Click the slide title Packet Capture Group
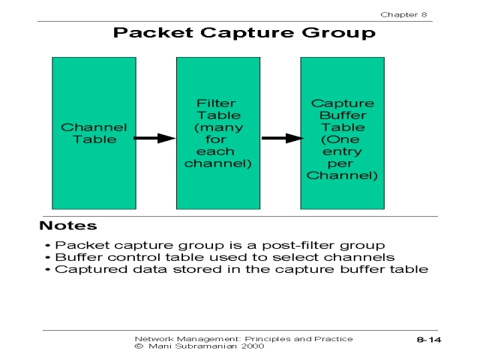tap(244, 33)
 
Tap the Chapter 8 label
tap(406, 14)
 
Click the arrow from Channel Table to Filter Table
tap(155, 138)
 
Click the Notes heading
tap(68, 225)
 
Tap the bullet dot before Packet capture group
tap(49, 245)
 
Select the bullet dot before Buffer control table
tap(49, 257)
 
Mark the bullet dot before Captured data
tap(49, 269)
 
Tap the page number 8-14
tap(429, 340)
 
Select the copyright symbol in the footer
tap(139, 346)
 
